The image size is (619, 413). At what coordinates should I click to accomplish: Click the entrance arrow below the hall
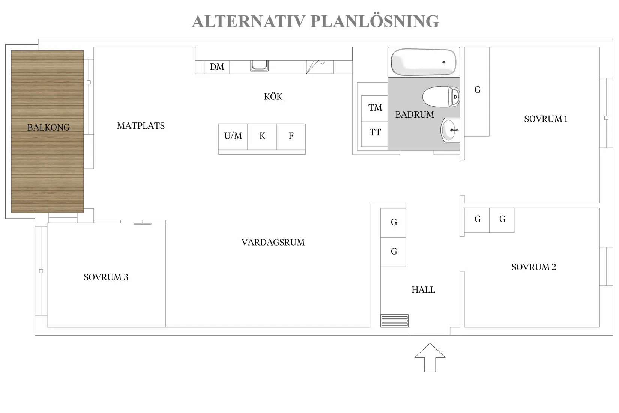pos(430,358)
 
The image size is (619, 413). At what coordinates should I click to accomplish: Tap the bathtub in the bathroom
pos(423,62)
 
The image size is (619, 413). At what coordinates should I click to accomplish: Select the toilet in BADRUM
pos(441,96)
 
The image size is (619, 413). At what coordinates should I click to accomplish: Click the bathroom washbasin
pos(450,130)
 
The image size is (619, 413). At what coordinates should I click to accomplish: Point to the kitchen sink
pos(259,66)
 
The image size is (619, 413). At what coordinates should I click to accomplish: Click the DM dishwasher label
pos(217,67)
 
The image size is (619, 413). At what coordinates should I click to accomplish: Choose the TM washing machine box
pos(374,108)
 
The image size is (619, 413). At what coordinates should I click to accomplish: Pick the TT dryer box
pos(374,134)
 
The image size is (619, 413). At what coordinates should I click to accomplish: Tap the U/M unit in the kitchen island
pos(233,137)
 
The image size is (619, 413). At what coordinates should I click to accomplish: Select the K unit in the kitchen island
pos(262,137)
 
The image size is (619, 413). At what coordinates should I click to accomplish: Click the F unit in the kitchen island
pos(291,137)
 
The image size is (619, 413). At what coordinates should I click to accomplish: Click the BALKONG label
pos(48,127)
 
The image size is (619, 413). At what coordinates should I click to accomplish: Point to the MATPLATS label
pos(141,126)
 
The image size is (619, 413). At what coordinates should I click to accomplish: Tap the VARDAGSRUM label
pos(273,242)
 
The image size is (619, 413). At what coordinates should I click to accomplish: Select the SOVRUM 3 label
pos(106,277)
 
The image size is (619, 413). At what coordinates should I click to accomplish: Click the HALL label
pos(423,290)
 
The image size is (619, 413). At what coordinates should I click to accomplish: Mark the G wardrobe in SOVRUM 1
pos(477,92)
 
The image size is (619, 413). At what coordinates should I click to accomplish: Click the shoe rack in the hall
pos(394,321)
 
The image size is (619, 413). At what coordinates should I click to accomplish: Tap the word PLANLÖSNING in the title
pos(374,21)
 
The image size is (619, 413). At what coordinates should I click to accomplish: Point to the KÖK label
pos(273,96)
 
